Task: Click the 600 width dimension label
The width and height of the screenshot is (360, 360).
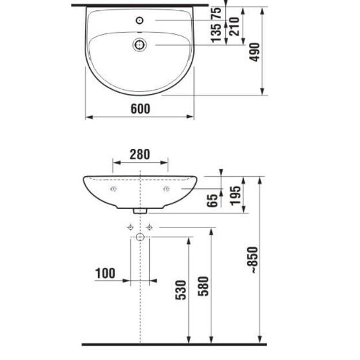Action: point(141,109)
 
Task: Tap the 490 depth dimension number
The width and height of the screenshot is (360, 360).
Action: point(255,52)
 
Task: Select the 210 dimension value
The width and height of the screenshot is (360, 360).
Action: point(234,26)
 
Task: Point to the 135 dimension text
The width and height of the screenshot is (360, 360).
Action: point(216,33)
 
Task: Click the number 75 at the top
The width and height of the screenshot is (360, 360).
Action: point(216,13)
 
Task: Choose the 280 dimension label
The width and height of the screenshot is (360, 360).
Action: point(139,154)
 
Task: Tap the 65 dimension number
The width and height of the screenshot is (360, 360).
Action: point(212,200)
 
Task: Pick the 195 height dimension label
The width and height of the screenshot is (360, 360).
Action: point(236,196)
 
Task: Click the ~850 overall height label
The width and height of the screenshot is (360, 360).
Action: point(254,260)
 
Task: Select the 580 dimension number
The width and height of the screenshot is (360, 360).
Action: point(203,286)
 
